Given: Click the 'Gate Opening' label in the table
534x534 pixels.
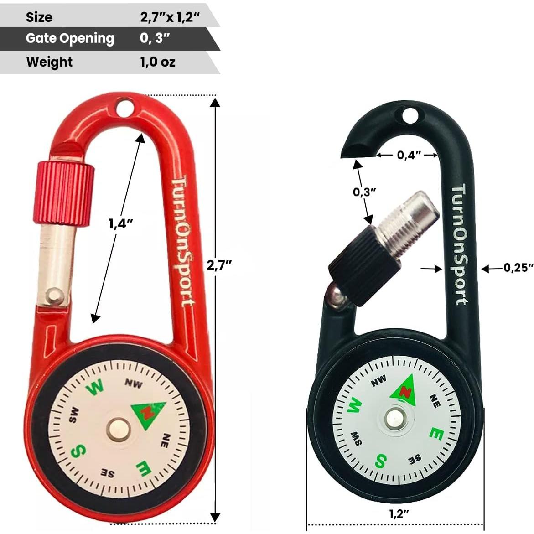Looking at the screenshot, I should pyautogui.click(x=70, y=38).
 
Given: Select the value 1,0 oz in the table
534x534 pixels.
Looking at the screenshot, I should pyautogui.click(x=157, y=62).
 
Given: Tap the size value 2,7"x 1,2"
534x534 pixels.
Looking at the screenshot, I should pyautogui.click(x=170, y=17).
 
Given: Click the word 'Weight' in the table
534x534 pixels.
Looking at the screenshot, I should pyautogui.click(x=49, y=62).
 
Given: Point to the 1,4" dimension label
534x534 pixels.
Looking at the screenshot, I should pyautogui.click(x=121, y=224).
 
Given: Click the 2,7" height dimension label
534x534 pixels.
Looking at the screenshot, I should pyautogui.click(x=219, y=265).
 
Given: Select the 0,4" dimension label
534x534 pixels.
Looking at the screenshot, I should pyautogui.click(x=409, y=155).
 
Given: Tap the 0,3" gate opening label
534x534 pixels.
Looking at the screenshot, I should pyautogui.click(x=364, y=192).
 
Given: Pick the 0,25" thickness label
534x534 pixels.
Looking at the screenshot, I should pyautogui.click(x=518, y=268).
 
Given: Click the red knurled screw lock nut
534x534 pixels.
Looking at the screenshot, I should pyautogui.click(x=63, y=192).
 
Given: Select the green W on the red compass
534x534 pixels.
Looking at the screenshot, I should pyautogui.click(x=95, y=388).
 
